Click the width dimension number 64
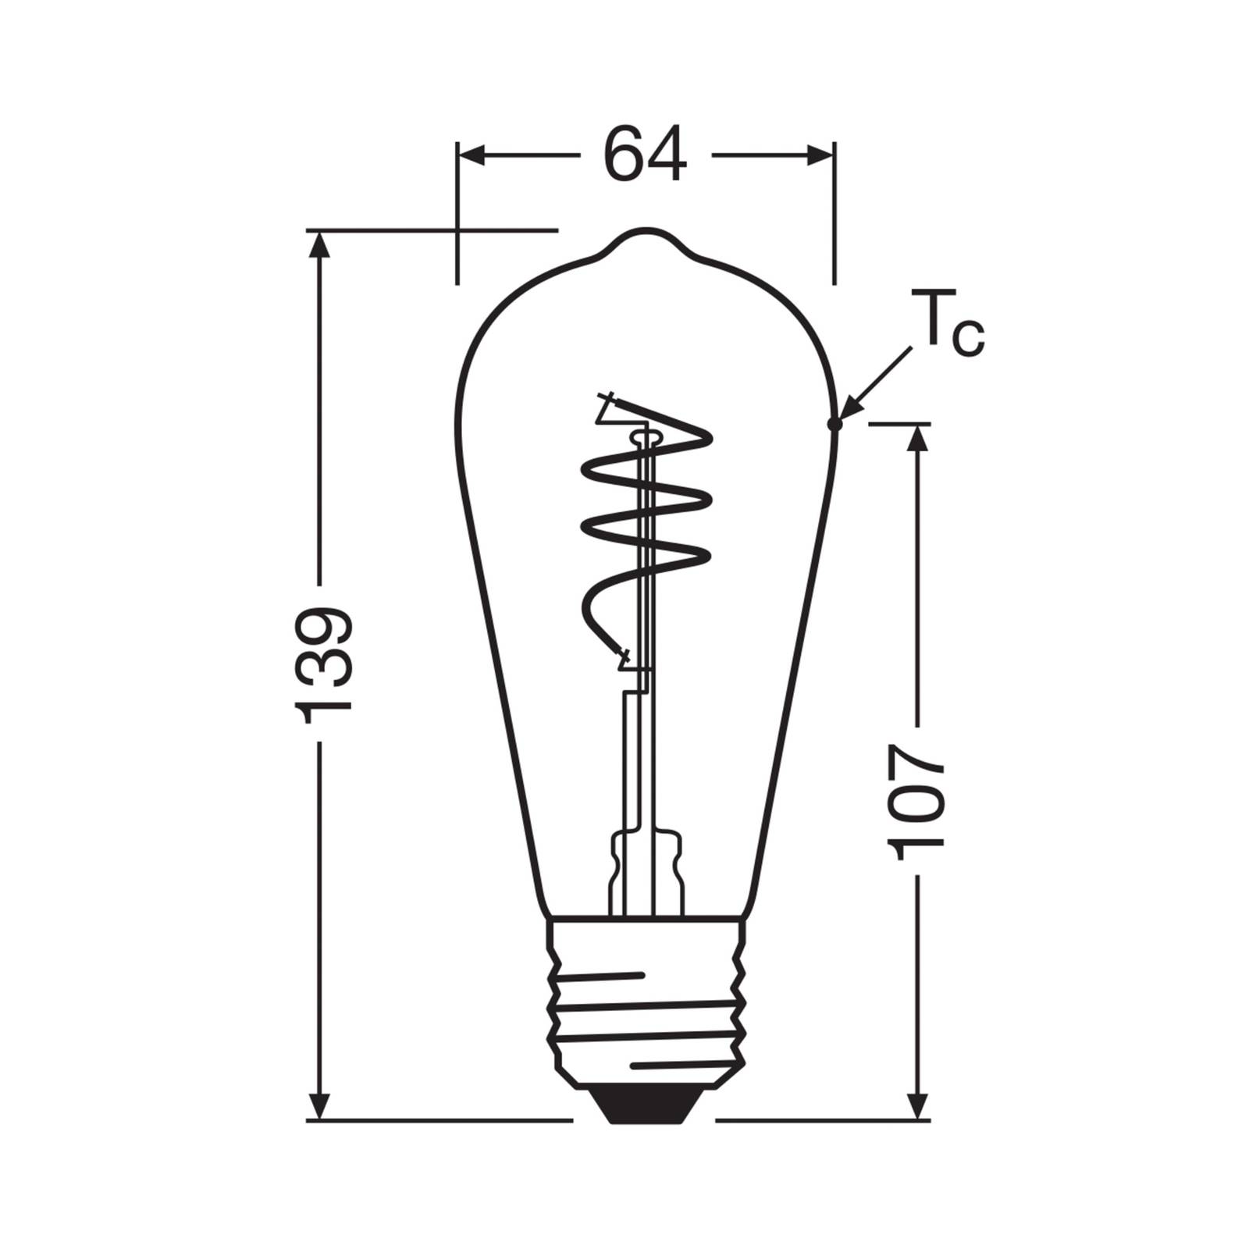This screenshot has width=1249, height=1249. [x=646, y=155]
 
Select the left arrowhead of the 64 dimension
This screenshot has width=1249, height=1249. [x=471, y=155]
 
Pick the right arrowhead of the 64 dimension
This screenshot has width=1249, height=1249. [x=820, y=155]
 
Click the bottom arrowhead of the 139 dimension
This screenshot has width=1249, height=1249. [x=318, y=1105]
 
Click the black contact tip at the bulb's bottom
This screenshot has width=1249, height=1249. [x=645, y=1105]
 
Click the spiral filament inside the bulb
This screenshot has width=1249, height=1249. [x=646, y=515]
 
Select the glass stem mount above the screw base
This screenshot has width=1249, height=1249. [x=646, y=870]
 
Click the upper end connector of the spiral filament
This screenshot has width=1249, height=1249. [x=607, y=406]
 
